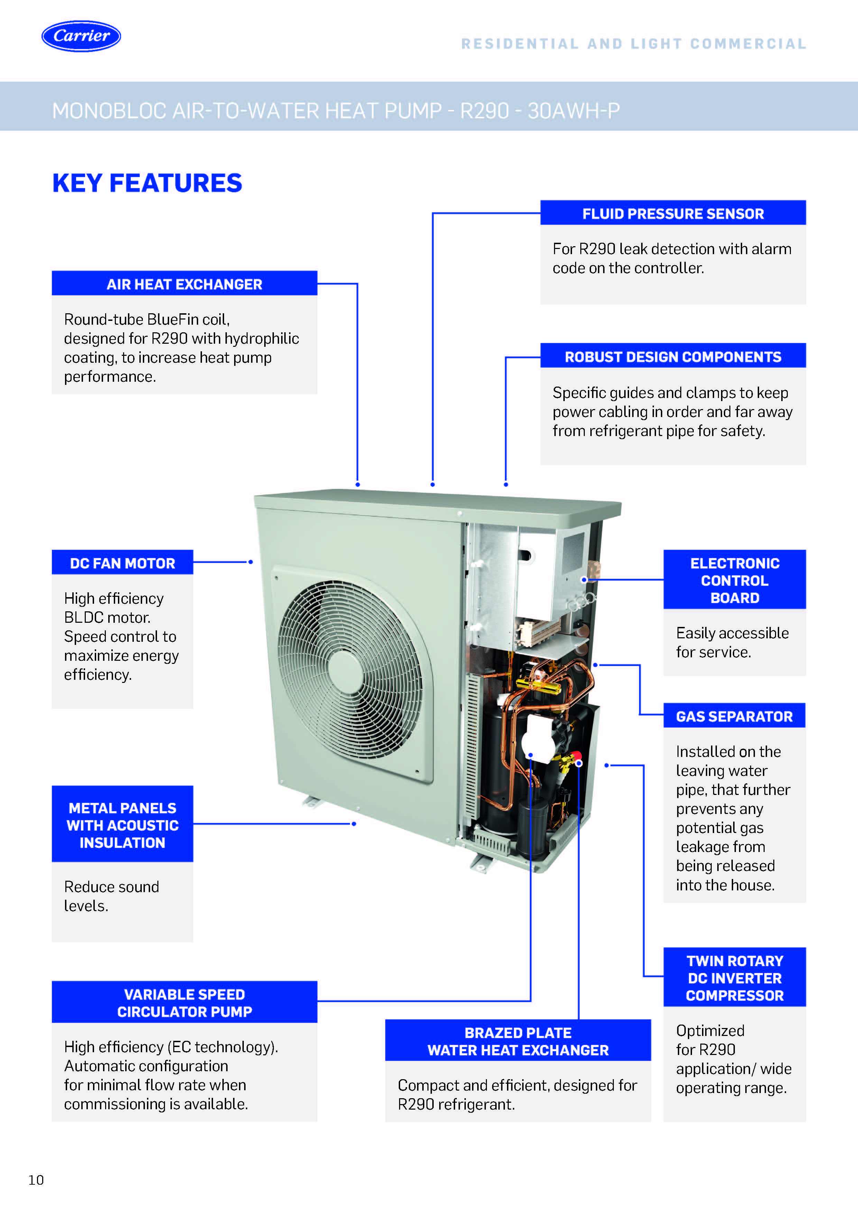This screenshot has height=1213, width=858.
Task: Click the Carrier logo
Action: pyautogui.click(x=81, y=36)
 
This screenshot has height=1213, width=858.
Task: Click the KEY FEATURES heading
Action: pyautogui.click(x=147, y=183)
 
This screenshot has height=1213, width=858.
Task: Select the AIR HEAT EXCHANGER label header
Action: pyautogui.click(x=184, y=284)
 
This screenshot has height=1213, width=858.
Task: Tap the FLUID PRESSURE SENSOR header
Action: pyautogui.click(x=673, y=213)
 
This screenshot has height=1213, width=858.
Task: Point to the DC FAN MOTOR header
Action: pyautogui.click(x=122, y=563)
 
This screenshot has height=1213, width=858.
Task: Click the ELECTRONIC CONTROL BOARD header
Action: pyautogui.click(x=735, y=580)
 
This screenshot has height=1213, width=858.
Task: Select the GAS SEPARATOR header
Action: pyautogui.click(x=735, y=716)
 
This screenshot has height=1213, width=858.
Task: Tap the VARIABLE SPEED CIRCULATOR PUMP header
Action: pyautogui.click(x=184, y=1003)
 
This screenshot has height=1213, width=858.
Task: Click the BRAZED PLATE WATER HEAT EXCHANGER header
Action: pyautogui.click(x=518, y=1041)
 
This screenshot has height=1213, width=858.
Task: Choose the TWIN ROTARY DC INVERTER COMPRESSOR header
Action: pyautogui.click(x=735, y=978)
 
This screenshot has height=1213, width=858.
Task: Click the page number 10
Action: pyautogui.click(x=36, y=1180)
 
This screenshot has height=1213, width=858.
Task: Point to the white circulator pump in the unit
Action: pyautogui.click(x=538, y=737)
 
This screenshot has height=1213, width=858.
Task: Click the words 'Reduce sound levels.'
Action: pyautogui.click(x=111, y=896)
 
